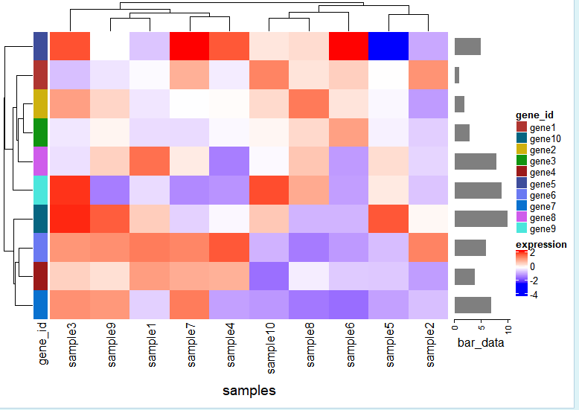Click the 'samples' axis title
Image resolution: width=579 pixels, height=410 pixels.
click(249, 390)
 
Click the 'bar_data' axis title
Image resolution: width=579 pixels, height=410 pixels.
click(481, 343)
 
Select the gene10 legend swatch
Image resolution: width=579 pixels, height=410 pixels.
click(521, 138)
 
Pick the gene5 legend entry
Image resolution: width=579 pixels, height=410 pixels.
click(541, 183)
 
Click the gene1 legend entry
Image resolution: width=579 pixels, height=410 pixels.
click(541, 127)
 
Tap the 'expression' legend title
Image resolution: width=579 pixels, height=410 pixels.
click(541, 244)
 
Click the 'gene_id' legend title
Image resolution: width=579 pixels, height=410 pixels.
click(534, 115)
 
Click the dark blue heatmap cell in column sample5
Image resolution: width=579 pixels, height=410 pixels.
click(388, 46)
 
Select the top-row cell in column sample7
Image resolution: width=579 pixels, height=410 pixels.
click(189, 46)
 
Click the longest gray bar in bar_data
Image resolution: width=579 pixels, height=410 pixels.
click(481, 218)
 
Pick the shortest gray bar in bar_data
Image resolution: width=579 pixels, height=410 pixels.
click(457, 75)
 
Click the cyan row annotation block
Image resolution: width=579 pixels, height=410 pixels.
click(41, 190)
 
